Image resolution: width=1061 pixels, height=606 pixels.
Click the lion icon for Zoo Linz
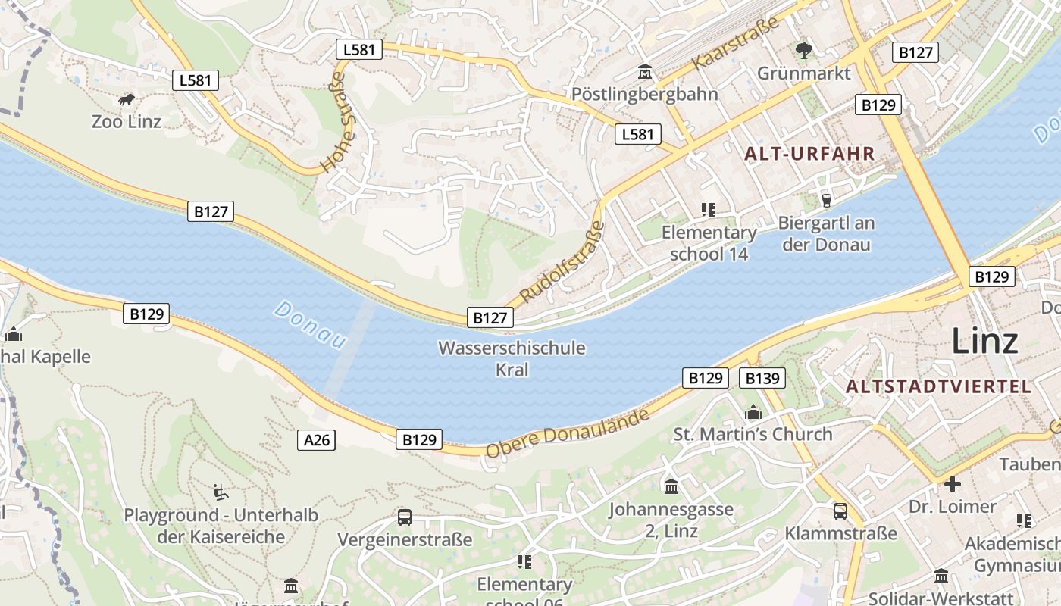click(x=127, y=99)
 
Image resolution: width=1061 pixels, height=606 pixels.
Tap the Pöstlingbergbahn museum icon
click(x=645, y=72)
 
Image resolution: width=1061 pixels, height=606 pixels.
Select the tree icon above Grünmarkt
click(x=803, y=51)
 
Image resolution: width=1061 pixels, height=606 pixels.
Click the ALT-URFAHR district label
click(x=809, y=154)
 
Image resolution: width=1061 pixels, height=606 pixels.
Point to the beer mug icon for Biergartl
click(x=826, y=200)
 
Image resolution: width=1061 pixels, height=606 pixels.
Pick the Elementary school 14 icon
click(x=709, y=209)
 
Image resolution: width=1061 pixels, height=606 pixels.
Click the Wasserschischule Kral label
click(x=512, y=358)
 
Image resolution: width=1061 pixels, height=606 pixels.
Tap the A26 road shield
click(x=316, y=439)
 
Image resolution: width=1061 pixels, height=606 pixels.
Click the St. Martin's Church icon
click(x=753, y=412)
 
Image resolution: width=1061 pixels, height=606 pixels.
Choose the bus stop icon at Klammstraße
click(x=840, y=511)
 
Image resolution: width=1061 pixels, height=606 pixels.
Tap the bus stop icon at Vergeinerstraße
click(x=405, y=517)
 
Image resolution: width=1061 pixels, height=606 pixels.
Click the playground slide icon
click(x=221, y=492)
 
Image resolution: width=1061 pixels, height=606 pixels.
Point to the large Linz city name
click(x=984, y=340)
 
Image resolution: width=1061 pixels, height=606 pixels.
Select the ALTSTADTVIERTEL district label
click(x=938, y=386)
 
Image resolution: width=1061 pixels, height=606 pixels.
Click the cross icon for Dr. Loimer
click(x=952, y=483)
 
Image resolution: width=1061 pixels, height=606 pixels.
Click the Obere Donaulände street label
click(x=568, y=433)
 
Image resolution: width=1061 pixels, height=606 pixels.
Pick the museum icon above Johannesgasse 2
click(x=671, y=486)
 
